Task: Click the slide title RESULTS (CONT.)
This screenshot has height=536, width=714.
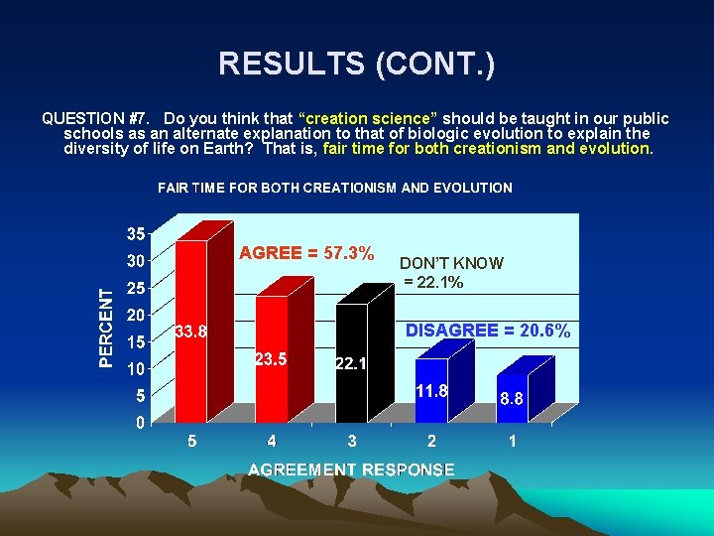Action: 357,65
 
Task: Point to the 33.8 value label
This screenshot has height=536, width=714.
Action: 190,332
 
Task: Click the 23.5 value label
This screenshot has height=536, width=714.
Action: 271,359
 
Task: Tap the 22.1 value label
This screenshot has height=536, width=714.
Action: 351,364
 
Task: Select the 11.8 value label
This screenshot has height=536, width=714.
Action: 431,391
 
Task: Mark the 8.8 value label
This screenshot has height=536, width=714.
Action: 512,398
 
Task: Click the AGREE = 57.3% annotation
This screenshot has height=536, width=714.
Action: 306,253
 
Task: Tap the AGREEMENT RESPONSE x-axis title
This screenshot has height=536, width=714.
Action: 351,469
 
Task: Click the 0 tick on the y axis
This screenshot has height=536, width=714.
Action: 140,422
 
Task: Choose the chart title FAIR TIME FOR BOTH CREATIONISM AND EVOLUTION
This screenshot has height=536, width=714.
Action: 335,188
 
